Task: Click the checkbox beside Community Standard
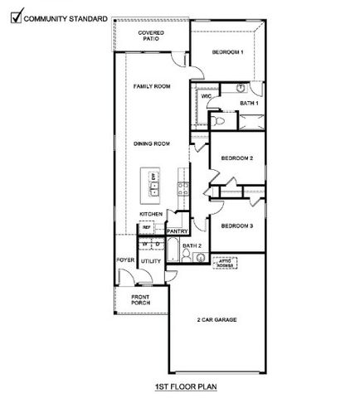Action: (9, 14)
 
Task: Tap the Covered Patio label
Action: (151, 36)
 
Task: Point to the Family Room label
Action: (152, 86)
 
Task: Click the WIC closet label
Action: (207, 96)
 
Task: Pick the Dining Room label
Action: (152, 144)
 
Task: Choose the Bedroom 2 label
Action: (236, 158)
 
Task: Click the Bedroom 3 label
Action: (236, 226)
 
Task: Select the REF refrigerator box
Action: (146, 226)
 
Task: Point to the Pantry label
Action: (178, 231)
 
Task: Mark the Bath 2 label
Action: (192, 246)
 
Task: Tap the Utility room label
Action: (150, 261)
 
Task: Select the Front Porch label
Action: (139, 300)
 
